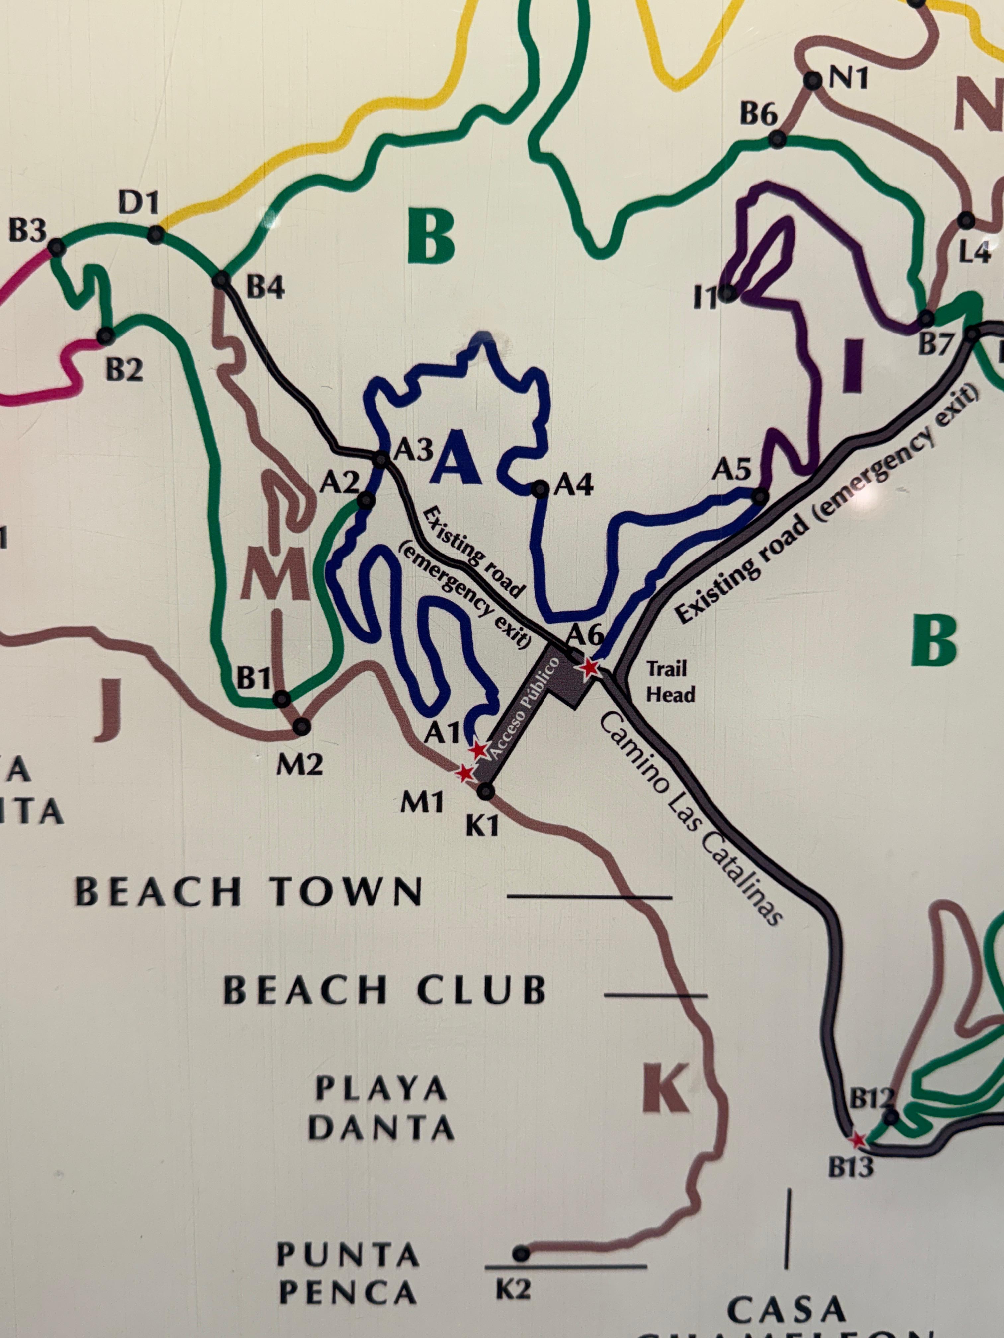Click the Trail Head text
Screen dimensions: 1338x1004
(670, 681)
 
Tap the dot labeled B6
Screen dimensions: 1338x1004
(778, 140)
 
